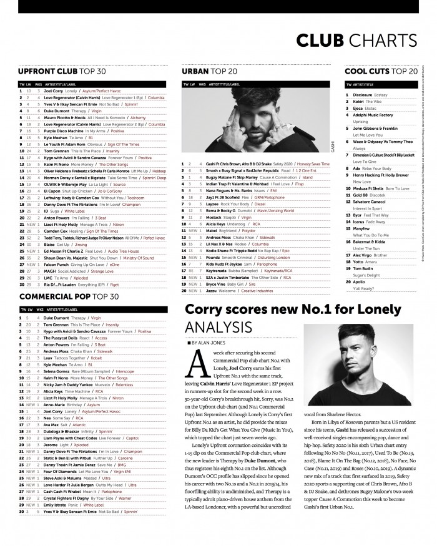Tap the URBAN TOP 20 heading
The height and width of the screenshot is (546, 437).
(x=209, y=72)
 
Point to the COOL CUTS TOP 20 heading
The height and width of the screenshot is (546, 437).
(x=381, y=72)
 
